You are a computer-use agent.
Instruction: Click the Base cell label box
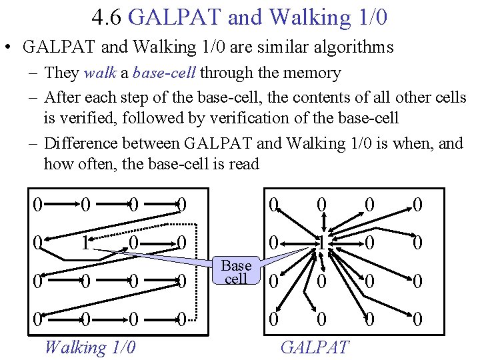[x=236, y=272]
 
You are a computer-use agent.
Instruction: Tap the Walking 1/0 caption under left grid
[x=89, y=347]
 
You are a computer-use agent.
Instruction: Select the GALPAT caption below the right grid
[x=315, y=347]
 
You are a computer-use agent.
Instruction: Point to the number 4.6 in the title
[x=107, y=17]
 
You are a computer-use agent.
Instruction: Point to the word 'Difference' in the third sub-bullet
[x=86, y=143]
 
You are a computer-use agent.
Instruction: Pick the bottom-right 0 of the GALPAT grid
[x=417, y=321]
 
